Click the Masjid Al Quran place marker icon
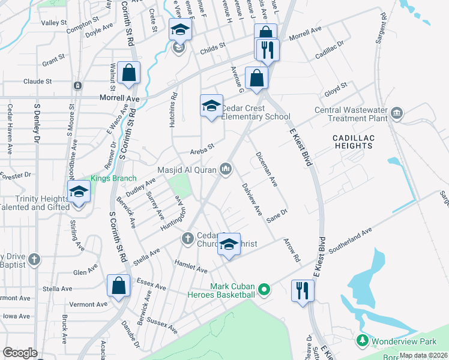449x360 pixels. pos(226,170)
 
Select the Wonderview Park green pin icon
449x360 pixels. pos(362,341)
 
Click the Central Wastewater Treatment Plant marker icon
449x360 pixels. pos(396,113)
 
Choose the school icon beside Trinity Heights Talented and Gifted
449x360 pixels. pos(79,193)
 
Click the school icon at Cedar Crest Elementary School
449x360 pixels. pos(211,106)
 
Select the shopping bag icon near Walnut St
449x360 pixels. pos(129,73)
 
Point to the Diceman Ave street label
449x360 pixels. pos(266,167)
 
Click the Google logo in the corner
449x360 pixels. pos(20,353)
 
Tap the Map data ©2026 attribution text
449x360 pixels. pos(423,355)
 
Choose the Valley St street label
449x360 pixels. pos(53,23)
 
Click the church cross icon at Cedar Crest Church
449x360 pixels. pos(187,239)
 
